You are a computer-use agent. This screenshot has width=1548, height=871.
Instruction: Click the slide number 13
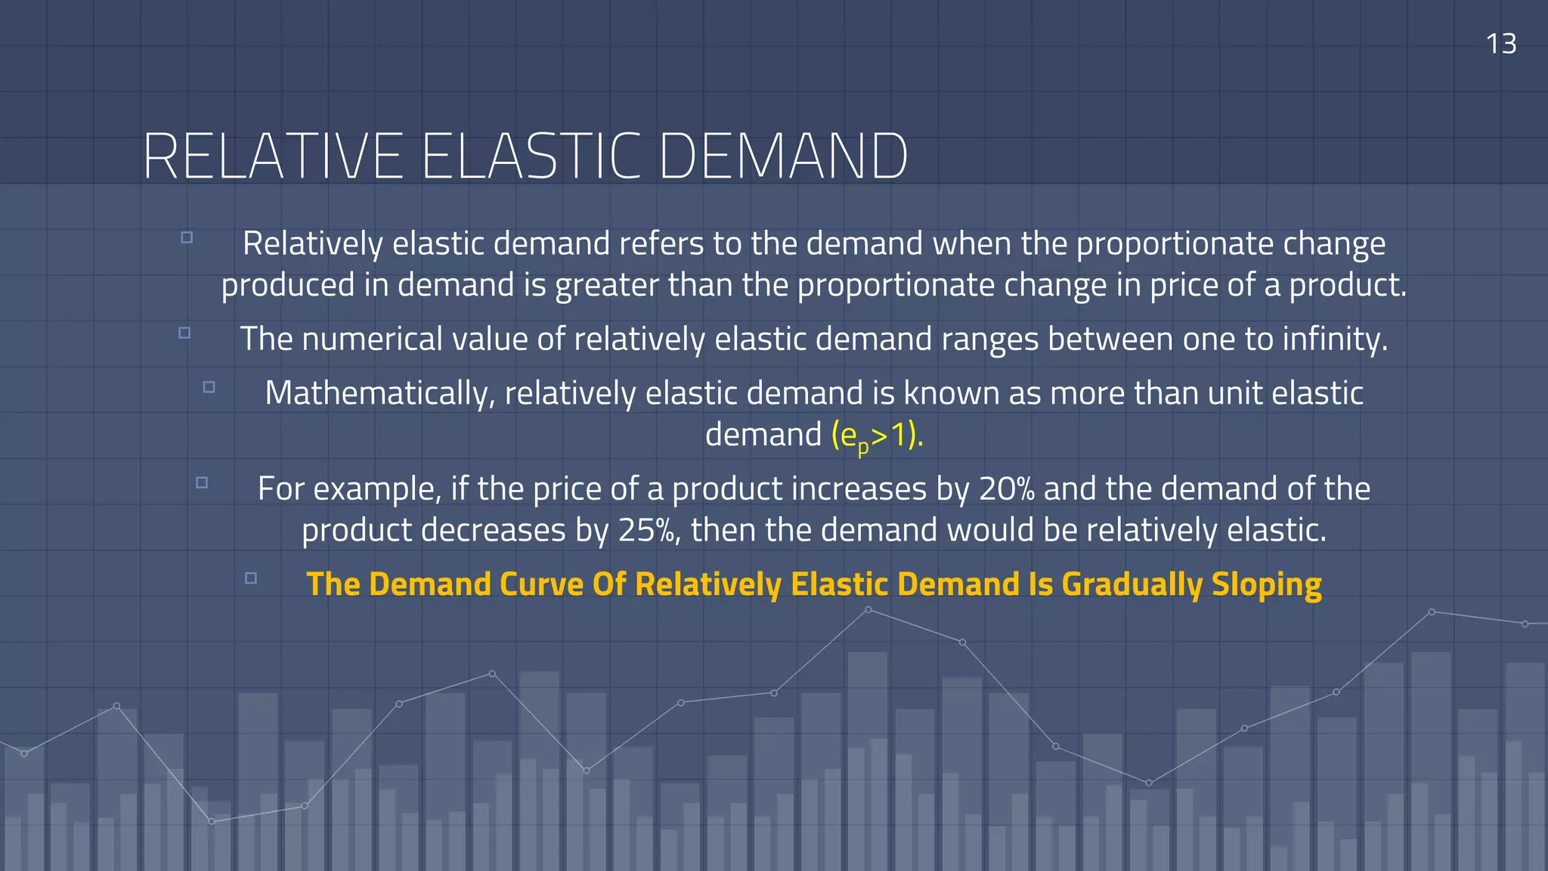click(x=1500, y=44)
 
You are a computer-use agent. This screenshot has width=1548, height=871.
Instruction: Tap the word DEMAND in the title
click(x=783, y=157)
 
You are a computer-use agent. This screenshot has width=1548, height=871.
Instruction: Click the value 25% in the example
click(x=647, y=530)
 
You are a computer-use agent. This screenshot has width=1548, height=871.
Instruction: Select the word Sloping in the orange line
click(x=1266, y=584)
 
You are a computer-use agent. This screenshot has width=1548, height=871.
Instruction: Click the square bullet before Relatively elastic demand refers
click(x=187, y=237)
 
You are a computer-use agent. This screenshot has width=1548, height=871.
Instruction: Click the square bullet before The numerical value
click(x=184, y=333)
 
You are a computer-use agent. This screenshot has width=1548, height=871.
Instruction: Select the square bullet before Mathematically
click(x=209, y=387)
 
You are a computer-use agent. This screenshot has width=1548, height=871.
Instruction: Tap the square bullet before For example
click(x=202, y=482)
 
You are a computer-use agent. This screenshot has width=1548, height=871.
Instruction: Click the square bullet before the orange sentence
click(x=251, y=578)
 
